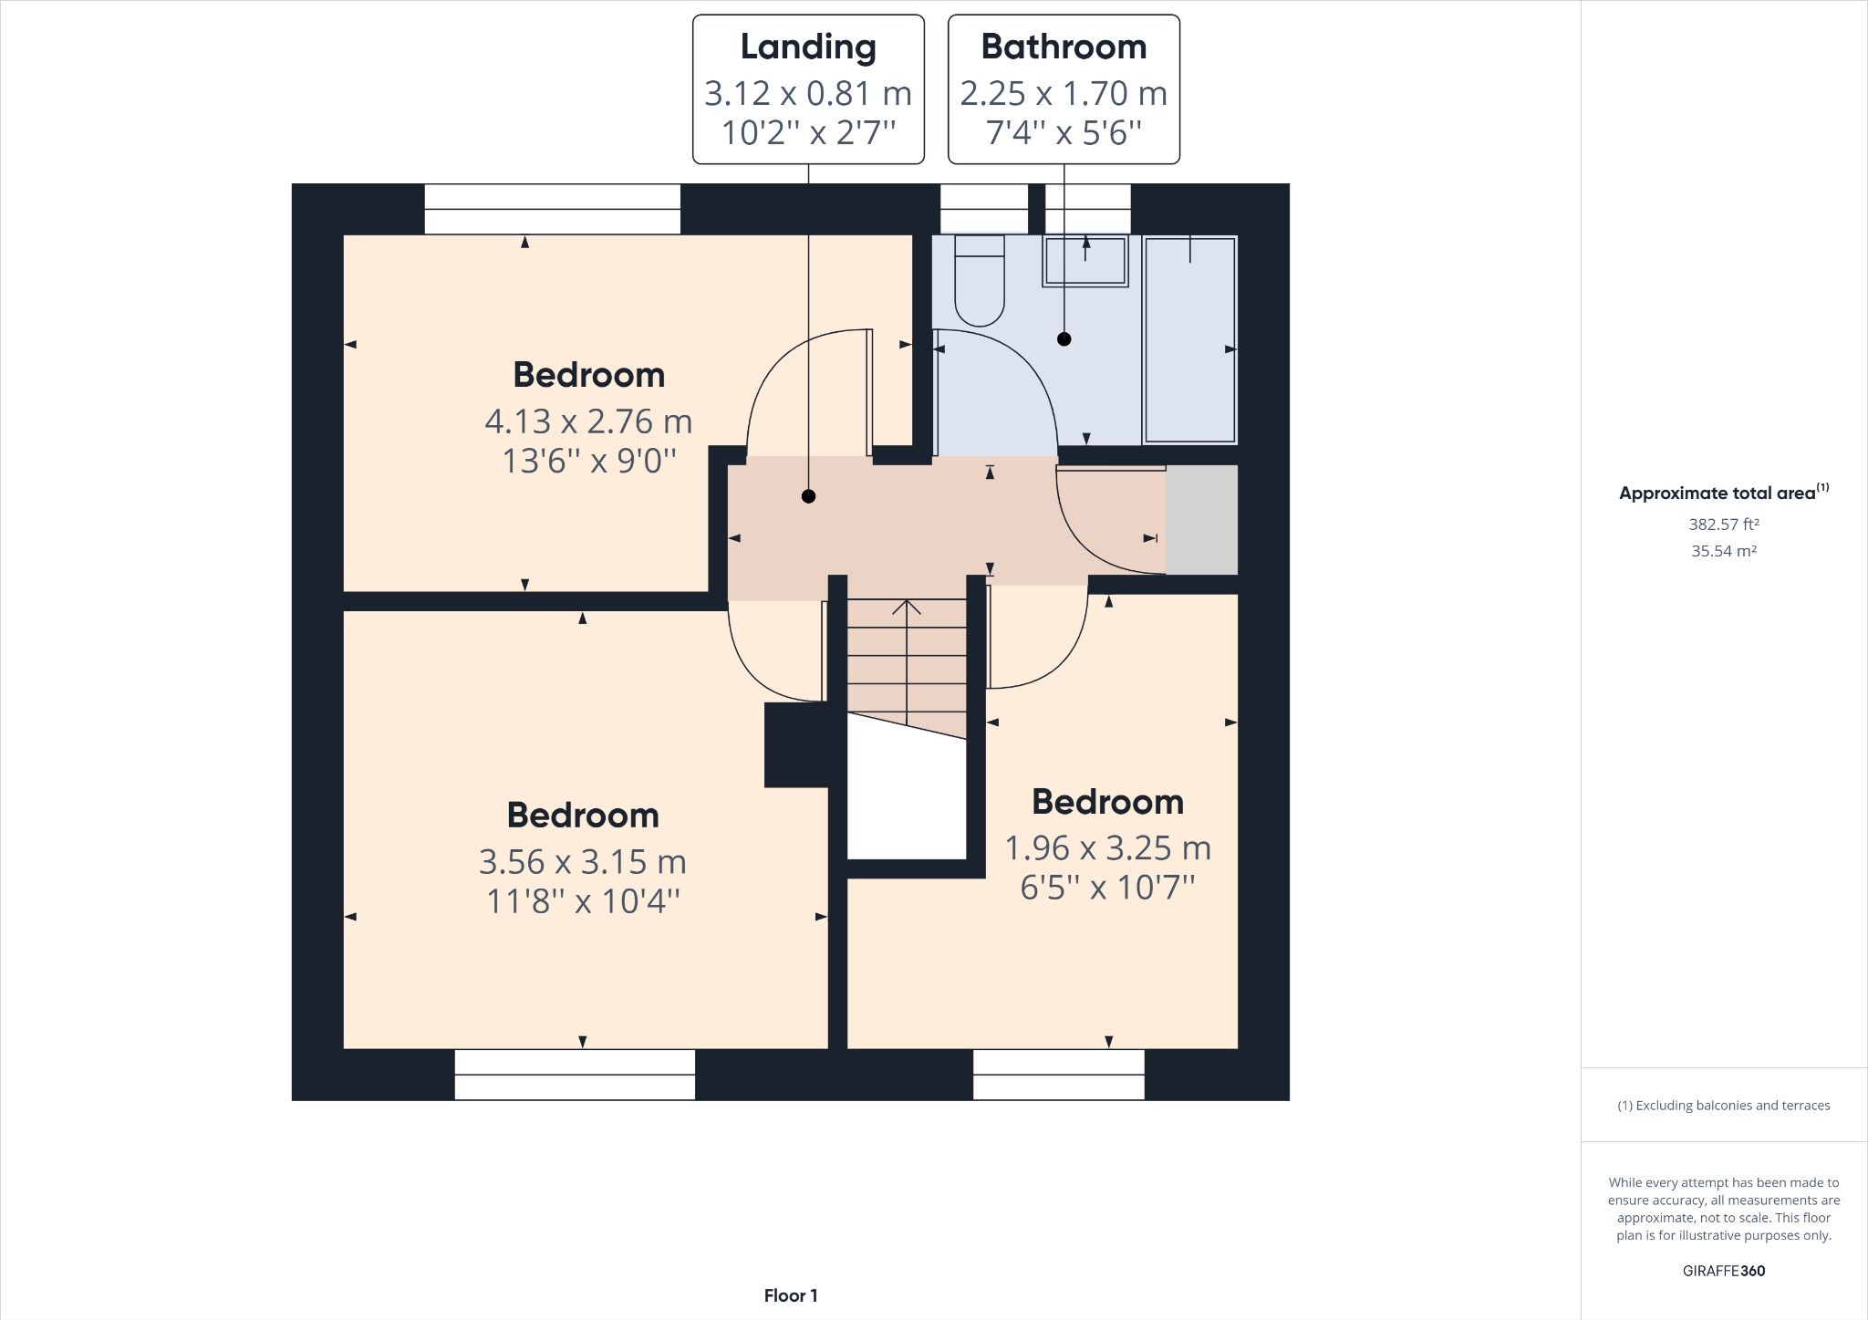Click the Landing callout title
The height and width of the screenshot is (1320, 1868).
tap(808, 47)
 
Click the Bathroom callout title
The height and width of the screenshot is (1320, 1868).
tap(1064, 47)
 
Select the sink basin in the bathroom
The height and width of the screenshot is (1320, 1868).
tap(1085, 262)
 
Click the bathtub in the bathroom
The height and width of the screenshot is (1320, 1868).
tap(1189, 339)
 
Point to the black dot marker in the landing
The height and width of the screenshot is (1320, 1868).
tap(808, 496)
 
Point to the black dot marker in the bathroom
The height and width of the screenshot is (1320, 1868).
tap(1064, 339)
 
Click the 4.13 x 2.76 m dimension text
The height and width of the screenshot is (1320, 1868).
tap(588, 421)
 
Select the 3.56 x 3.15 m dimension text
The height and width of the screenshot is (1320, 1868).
tap(583, 862)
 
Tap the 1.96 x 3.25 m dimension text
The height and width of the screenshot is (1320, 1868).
tap(1107, 848)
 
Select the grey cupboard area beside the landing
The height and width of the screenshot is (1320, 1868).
tap(1201, 520)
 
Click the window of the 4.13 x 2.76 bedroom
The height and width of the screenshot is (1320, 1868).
tap(553, 209)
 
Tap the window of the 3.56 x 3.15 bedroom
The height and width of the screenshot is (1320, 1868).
tap(575, 1074)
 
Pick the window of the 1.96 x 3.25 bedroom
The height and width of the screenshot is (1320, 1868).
tap(1058, 1074)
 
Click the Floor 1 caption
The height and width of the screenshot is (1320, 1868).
tap(791, 1295)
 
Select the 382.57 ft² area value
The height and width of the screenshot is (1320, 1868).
tap(1723, 525)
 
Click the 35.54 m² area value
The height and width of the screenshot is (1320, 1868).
tap(1723, 551)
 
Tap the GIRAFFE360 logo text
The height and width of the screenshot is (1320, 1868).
tap(1723, 1271)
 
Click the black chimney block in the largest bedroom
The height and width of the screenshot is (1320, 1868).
tap(795, 744)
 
